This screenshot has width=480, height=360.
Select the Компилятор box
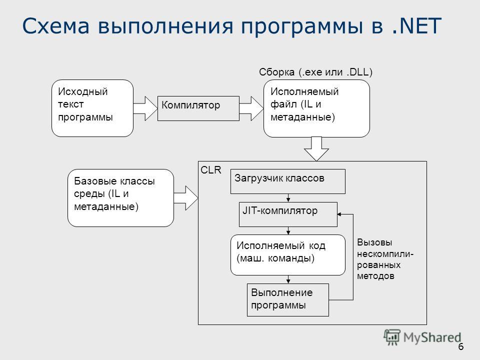[198, 108]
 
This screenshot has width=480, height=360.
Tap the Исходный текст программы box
[92, 108]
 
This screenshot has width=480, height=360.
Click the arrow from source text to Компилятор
[145, 108]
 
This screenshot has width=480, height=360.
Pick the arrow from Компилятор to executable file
[251, 108]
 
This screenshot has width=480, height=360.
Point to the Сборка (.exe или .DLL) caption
[315, 72]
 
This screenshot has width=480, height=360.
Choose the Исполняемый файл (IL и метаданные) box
[316, 108]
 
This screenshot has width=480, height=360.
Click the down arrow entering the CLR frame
[316, 149]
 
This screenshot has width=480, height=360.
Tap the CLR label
[211, 170]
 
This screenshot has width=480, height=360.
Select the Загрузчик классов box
[288, 181]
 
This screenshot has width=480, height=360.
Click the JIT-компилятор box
[288, 214]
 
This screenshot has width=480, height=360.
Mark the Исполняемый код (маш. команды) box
[288, 255]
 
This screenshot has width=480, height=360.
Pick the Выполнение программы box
[288, 300]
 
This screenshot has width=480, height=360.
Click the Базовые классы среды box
[120, 198]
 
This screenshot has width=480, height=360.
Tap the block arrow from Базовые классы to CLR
[186, 198]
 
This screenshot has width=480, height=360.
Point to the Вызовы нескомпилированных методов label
[385, 259]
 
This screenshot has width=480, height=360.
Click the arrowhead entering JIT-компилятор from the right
[339, 214]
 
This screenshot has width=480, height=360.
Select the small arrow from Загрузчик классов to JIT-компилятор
[288, 198]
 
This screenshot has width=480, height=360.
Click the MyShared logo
[422, 337]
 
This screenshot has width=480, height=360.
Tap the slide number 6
[460, 347]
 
